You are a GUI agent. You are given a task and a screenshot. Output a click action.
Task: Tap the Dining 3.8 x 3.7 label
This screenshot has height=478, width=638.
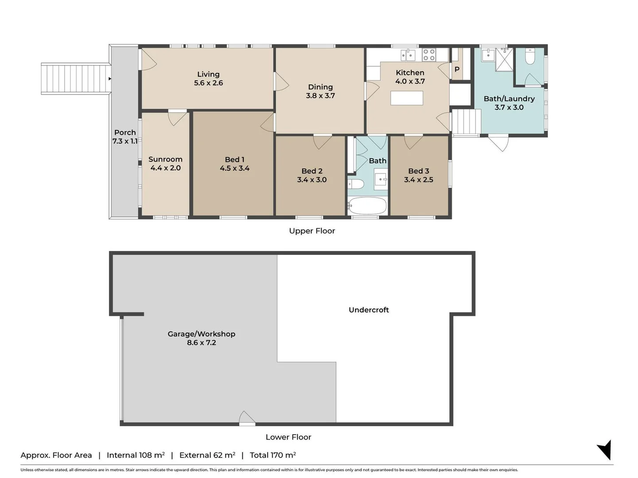320,91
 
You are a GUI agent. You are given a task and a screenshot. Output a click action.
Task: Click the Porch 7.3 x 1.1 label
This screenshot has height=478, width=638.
125,137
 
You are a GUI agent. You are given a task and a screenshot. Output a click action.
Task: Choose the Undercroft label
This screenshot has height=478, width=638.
369,310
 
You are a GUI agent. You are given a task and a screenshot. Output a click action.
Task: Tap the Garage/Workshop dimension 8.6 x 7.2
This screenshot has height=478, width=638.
202,343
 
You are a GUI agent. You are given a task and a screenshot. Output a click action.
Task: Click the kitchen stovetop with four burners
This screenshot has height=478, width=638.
429,54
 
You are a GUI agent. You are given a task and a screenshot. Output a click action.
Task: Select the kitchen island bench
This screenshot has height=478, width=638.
407,98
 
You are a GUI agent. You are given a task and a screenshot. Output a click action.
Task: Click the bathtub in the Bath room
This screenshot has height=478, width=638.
367,206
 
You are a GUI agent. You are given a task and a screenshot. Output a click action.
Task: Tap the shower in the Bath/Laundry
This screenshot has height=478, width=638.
504,59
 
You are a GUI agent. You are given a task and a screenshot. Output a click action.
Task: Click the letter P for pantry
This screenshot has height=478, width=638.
457,69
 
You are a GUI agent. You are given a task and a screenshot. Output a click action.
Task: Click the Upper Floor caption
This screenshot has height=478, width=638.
312,231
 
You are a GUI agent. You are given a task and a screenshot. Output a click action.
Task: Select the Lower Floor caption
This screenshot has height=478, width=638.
288,437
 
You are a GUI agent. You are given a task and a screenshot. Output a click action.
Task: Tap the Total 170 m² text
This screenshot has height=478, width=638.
272,455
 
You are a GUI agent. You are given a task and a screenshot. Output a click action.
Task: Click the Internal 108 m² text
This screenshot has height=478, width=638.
136,455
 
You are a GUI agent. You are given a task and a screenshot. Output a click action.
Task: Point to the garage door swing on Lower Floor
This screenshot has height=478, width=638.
247,418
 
